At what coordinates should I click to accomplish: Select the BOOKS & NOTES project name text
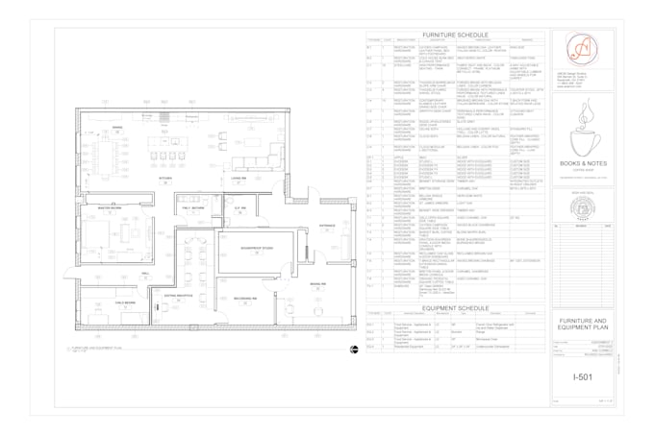583,165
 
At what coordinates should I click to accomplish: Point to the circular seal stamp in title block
583,206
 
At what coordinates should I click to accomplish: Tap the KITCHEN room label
165,178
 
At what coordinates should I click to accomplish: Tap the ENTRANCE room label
327,227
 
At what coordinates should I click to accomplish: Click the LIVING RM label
238,178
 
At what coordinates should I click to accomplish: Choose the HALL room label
145,273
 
